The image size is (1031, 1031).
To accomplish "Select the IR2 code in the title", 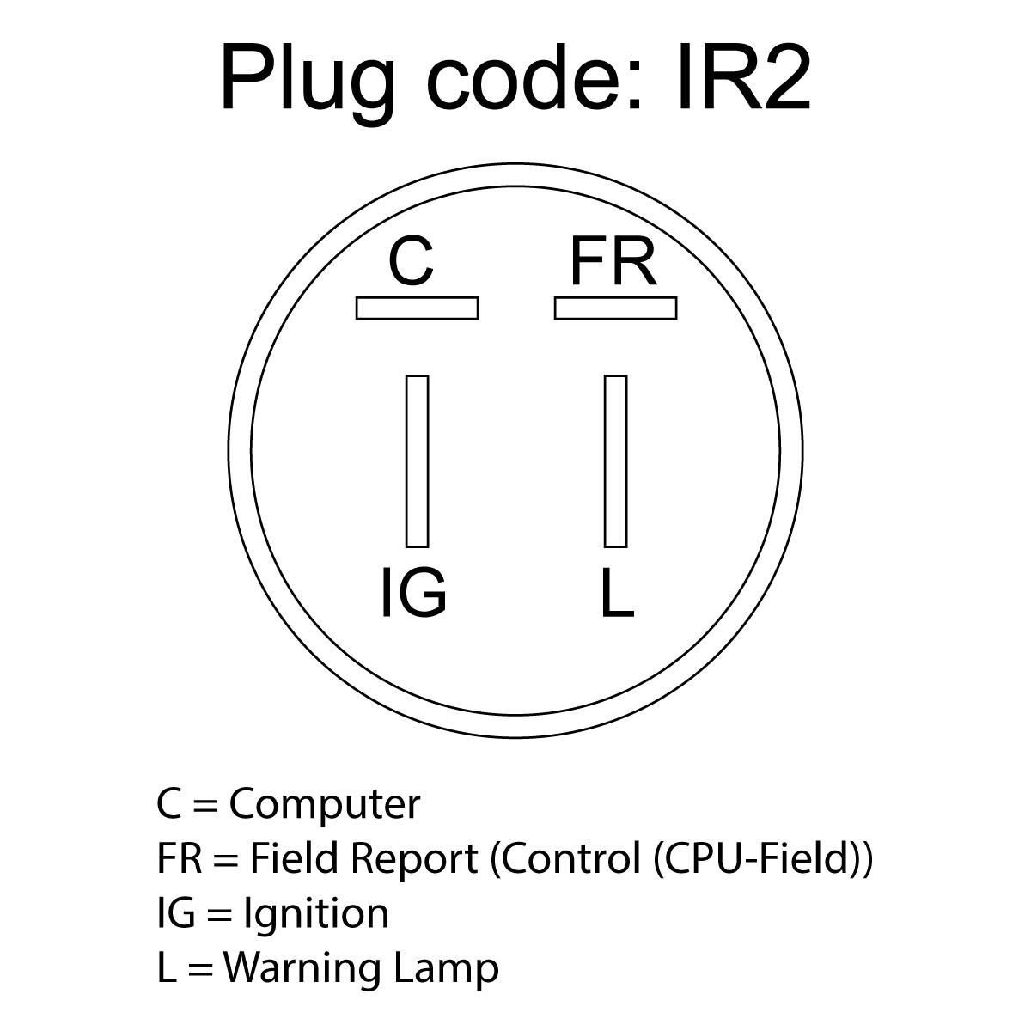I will [x=743, y=79].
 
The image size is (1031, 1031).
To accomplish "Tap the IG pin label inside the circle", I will [x=413, y=593].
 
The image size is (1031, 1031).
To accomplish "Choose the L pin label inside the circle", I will [x=616, y=593].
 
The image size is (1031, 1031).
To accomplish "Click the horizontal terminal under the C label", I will [x=417, y=308].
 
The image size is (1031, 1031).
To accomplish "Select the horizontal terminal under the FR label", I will [x=615, y=308].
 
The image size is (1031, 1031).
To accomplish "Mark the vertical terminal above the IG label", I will [x=417, y=461].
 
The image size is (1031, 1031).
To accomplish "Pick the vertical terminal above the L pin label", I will [x=615, y=461].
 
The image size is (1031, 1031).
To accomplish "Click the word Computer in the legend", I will [x=325, y=805].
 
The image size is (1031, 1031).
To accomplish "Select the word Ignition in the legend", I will [x=316, y=913].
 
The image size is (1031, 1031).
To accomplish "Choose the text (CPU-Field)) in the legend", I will [x=763, y=859].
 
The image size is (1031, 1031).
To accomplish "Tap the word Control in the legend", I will [x=567, y=858].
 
